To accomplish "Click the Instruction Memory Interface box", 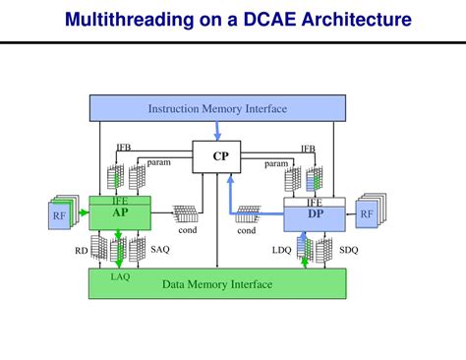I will coord(217,109).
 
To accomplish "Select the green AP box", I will coord(120,212).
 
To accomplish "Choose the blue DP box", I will coord(315,213).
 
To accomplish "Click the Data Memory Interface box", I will coord(217,284).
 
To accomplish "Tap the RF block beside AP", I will coord(60,214).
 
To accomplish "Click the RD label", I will coord(81,251).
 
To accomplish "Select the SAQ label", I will coord(160,250).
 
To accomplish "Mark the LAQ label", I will coord(120,275).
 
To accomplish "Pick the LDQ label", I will coord(282,250).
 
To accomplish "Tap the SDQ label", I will coord(349,250).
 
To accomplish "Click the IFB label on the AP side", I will coord(124,148).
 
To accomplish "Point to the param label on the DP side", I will coord(276,163).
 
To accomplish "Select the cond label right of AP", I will coord(187,229).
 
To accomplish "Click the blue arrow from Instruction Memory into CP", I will coord(217,132).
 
